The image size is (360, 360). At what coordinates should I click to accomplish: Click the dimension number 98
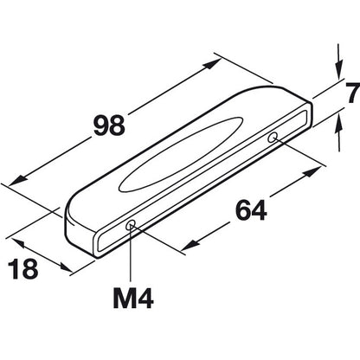coord(109,125)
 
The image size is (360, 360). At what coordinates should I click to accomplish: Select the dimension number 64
coord(251,210)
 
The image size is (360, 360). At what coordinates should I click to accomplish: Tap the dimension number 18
coord(23,269)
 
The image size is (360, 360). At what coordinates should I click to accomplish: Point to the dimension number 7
coord(354,93)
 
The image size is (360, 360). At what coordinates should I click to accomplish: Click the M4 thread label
coord(133,299)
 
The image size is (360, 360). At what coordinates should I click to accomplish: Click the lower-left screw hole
coord(131,225)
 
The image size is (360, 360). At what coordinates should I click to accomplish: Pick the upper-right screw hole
coord(273,138)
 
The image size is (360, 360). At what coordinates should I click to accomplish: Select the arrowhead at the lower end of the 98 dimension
coord(17,182)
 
